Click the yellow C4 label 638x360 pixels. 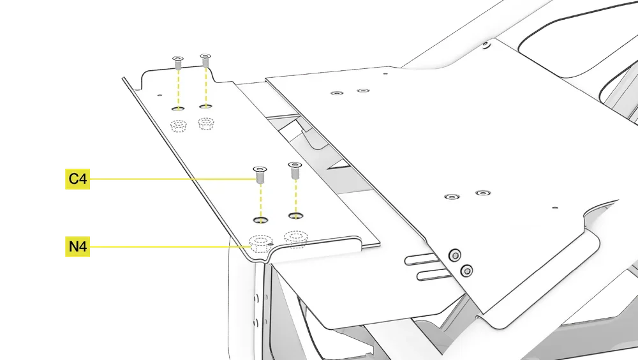77,180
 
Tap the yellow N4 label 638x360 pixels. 77,246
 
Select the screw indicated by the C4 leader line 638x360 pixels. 260,173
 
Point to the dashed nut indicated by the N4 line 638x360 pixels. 260,243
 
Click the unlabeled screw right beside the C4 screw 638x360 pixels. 295,170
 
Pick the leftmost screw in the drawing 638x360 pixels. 178,62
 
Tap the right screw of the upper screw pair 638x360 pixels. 205,60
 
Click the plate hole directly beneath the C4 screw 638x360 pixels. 260,220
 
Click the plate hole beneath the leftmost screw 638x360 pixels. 179,109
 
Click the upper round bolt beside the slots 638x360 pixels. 454,255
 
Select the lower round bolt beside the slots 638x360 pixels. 467,271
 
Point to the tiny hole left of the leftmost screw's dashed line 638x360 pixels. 159,95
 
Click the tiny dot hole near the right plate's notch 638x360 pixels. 554,207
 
